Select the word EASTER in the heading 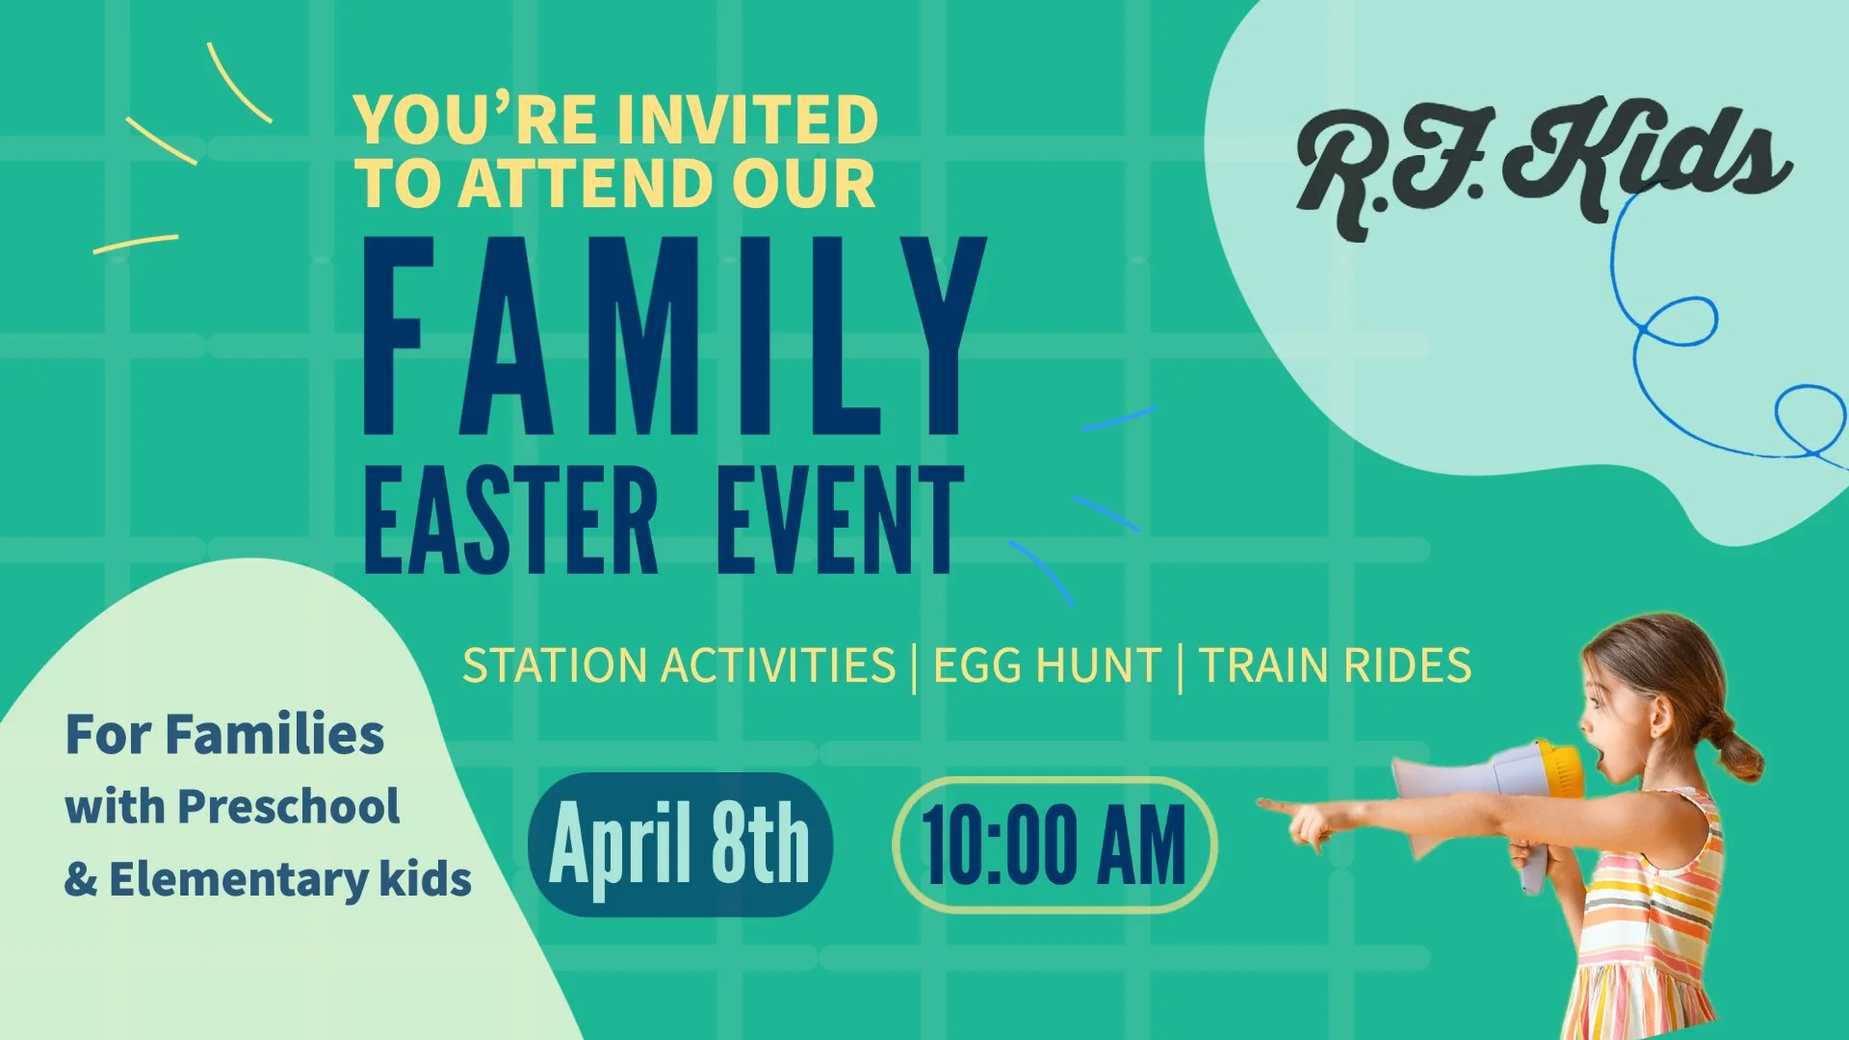[510, 520]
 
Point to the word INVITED [747, 119]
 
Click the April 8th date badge [680, 844]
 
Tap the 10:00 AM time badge [1055, 845]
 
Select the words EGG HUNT [1047, 665]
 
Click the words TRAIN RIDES [1335, 665]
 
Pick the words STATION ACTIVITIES [679, 665]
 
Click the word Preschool [289, 807]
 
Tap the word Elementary [237, 880]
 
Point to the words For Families [224, 735]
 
